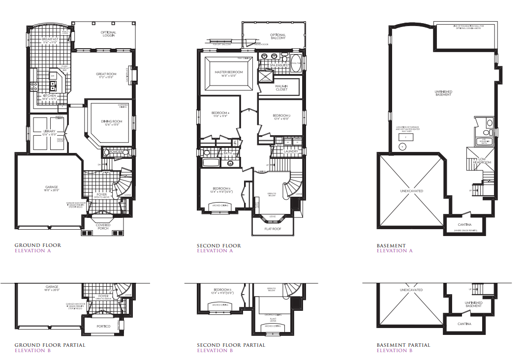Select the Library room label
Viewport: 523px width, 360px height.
pyautogui.click(x=49, y=132)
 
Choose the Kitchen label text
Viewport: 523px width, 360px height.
pyautogui.click(x=50, y=96)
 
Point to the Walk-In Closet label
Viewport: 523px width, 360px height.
pyautogui.click(x=281, y=87)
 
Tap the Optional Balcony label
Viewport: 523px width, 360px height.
pyautogui.click(x=277, y=36)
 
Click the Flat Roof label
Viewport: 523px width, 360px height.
pyautogui.click(x=272, y=229)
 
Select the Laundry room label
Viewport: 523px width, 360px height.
pyautogui.click(x=291, y=151)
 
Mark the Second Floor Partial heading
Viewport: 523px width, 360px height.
pyautogui.click(x=231, y=345)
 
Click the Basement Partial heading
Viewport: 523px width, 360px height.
pyautogui.click(x=403, y=345)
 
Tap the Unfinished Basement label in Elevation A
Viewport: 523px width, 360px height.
pyautogui.click(x=443, y=93)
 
